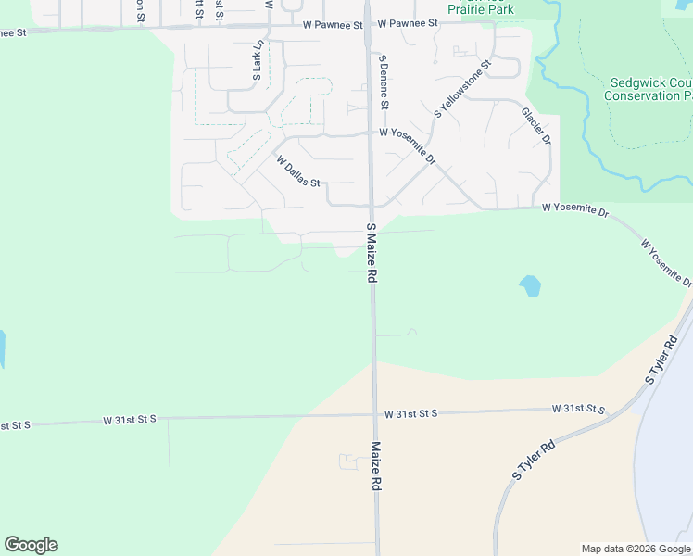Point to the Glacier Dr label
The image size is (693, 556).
pos(536,126)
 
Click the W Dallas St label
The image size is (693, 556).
pos(297,171)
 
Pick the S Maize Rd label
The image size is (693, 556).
pos(372,252)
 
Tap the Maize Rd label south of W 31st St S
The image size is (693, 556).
pos(377,465)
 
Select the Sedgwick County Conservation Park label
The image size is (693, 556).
pos(649,89)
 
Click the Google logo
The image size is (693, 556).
pos(31,544)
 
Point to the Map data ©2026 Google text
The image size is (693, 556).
pos(636,549)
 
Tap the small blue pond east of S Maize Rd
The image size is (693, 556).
pos(530,285)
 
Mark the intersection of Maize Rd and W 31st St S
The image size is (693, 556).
pos(375,414)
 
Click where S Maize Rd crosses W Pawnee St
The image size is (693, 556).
pos(368,25)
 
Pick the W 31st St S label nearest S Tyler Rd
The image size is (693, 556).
pos(578,409)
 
